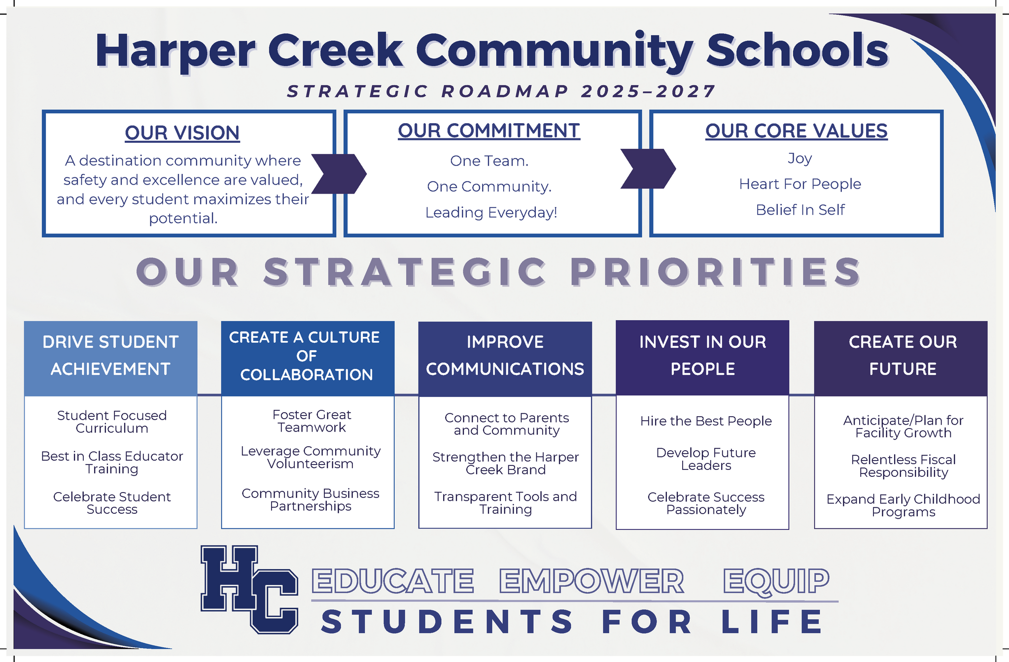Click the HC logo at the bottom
pos(249,589)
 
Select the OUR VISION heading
pos(182,133)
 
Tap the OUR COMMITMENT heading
pos(489,131)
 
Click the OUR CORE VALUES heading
pos(796,131)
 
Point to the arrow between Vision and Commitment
pos(339,173)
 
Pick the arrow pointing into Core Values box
pos(648,168)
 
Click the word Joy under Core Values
pos(800,159)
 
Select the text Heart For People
pos(800,184)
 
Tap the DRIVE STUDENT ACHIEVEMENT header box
pos(111,359)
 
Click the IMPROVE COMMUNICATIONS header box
pos(505,359)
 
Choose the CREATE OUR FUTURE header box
pos(901,359)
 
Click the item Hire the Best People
pos(706,421)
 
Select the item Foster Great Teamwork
pos(312,421)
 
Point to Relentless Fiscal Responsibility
pos(904,466)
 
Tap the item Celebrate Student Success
pos(112,503)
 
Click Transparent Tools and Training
pos(506,503)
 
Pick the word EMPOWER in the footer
pos(591,581)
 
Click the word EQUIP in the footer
pos(776,582)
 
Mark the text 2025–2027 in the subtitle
pos(648,91)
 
